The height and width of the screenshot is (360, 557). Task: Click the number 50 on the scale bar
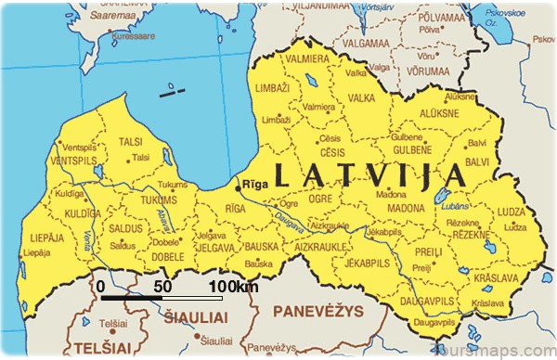(x=162, y=287)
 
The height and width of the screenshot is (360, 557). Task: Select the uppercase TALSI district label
(x=132, y=142)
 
